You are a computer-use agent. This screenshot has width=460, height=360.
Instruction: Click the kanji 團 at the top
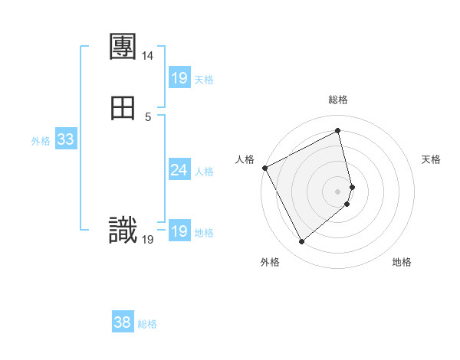tap(123, 47)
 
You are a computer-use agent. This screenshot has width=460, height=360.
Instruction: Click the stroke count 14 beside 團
tap(147, 56)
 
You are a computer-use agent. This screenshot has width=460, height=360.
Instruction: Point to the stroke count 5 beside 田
tap(148, 116)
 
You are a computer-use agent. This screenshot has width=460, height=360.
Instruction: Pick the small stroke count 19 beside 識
tap(148, 240)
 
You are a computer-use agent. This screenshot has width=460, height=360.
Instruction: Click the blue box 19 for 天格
tap(179, 78)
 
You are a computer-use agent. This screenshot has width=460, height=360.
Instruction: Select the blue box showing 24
tap(179, 170)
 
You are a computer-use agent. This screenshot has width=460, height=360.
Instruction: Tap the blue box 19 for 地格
tap(179, 231)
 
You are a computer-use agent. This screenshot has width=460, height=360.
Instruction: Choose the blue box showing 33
tap(65, 139)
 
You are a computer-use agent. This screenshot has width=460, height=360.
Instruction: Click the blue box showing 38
tap(123, 322)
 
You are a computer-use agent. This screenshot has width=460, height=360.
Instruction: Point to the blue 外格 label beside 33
tap(41, 140)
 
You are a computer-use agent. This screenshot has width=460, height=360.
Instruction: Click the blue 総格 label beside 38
tap(147, 323)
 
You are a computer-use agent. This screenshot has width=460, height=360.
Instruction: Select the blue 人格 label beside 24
tap(205, 171)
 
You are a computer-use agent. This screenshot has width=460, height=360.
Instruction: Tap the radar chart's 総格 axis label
tap(338, 100)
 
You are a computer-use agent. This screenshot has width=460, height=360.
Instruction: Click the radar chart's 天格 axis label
tap(432, 159)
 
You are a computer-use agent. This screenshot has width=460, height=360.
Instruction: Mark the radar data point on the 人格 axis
tap(264, 168)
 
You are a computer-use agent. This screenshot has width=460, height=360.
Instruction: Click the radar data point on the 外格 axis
tap(301, 242)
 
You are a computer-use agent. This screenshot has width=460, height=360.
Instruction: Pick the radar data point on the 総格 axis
tap(338, 131)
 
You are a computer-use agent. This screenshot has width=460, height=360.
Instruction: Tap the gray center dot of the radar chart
tap(338, 190)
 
